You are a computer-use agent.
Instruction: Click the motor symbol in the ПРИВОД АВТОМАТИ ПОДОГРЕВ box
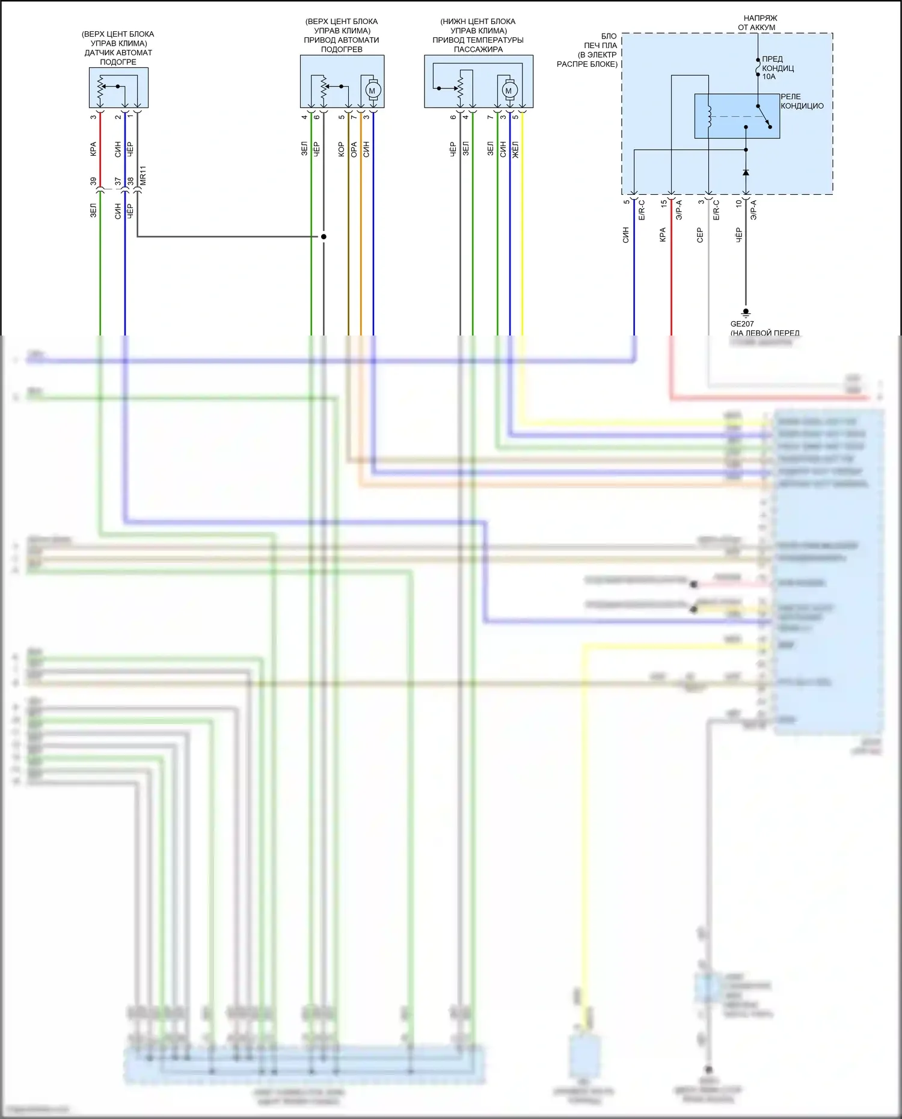click(372, 90)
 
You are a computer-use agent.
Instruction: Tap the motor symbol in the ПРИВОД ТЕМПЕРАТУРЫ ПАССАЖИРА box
click(509, 90)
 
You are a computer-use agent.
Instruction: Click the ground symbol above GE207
click(746, 313)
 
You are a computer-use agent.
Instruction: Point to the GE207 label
click(742, 323)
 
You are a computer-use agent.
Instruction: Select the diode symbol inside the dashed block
click(746, 173)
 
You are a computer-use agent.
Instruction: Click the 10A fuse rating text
click(769, 77)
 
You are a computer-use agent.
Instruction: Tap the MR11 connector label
click(143, 176)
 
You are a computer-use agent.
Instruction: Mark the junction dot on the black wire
click(324, 236)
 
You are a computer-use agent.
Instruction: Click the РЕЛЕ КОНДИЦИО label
click(802, 101)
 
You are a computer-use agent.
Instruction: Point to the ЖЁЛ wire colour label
click(515, 150)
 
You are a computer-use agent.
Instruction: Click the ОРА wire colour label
click(354, 150)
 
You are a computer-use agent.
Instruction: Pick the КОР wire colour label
click(341, 150)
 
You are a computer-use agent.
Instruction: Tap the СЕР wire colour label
click(700, 235)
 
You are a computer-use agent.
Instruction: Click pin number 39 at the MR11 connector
click(93, 181)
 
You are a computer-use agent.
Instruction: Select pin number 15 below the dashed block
click(664, 204)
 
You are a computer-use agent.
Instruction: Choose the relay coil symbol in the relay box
click(710, 117)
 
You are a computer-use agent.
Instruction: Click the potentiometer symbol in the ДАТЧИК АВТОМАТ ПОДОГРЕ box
click(100, 88)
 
